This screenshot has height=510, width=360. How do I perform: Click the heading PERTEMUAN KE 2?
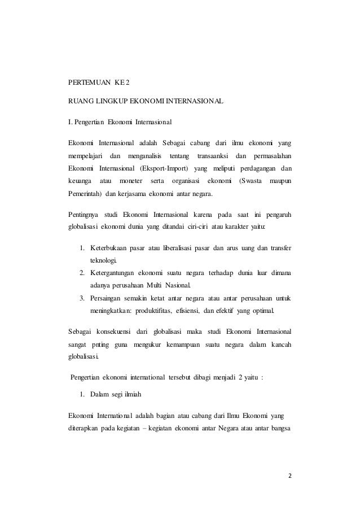(99, 81)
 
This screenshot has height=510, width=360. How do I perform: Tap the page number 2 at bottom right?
(290, 474)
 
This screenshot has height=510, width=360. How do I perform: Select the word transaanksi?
(210, 155)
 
